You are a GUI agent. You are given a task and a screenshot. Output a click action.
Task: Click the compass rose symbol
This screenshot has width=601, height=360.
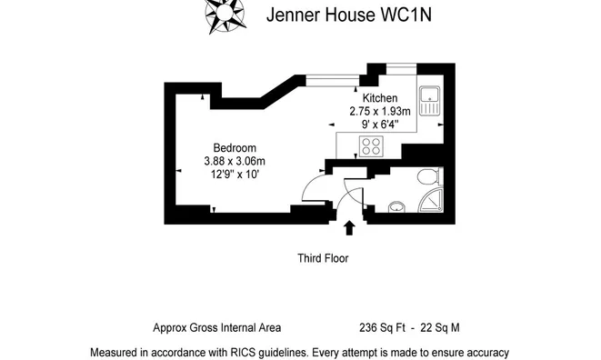pos(225,15)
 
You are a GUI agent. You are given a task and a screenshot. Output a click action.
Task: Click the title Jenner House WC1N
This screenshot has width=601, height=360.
pos(349,15)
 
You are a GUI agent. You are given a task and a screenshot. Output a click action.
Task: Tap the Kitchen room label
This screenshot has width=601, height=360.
pos(380,98)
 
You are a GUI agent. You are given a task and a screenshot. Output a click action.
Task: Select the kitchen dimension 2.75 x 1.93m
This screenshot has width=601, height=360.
pos(380,111)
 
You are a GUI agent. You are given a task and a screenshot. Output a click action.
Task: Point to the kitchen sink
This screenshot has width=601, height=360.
pos(430,101)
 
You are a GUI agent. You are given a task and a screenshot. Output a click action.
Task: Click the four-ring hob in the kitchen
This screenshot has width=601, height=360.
pos(371,146)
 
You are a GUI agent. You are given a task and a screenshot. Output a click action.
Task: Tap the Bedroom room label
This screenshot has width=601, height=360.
pos(235,148)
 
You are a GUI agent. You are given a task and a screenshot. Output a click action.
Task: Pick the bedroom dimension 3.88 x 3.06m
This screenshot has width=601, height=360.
pos(235,161)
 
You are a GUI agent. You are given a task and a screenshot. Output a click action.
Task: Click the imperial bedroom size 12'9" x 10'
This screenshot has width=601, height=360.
pos(235,175)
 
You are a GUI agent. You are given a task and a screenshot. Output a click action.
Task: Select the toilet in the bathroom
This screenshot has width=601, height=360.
pos(429,176)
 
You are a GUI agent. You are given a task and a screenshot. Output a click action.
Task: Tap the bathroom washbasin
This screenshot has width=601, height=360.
pos(396,207)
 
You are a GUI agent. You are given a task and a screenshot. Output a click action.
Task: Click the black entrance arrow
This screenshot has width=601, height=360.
pos(349,227)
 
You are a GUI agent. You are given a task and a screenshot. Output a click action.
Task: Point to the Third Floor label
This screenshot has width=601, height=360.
pos(323,258)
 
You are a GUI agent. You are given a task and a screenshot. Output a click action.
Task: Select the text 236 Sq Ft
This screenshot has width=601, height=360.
pos(382,328)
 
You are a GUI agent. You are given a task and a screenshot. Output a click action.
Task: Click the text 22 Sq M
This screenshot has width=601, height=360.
pos(440,328)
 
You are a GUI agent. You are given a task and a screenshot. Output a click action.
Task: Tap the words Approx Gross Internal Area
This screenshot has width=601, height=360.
pos(217,328)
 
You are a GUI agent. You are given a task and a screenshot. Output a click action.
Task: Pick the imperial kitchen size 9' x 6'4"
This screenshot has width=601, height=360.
pos(380,125)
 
